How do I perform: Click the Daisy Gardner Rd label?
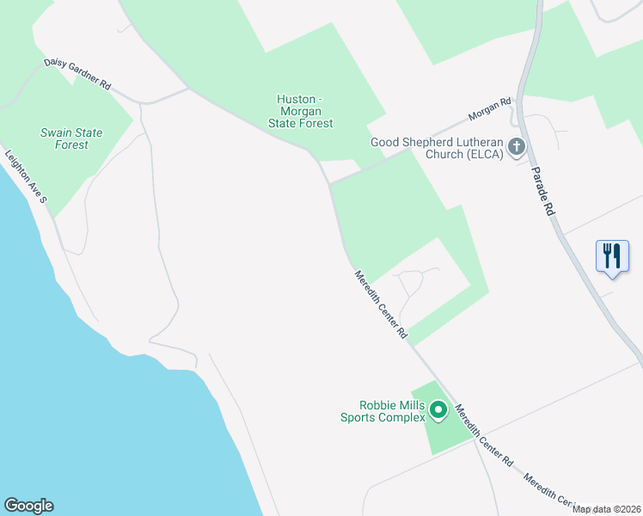pos(77,75)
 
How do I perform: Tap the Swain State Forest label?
pos(71,138)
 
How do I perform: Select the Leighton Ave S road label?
pos(26,177)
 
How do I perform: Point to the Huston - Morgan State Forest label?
pos(304,112)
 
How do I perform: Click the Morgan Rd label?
pos(490,107)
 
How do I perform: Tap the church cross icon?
pos(517,147)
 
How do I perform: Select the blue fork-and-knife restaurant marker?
pos(611,255)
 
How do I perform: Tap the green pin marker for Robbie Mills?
pos(438,411)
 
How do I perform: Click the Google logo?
pos(28,506)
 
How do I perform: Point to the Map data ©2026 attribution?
pos(607,509)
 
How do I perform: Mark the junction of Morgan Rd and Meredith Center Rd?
pos(330,182)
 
